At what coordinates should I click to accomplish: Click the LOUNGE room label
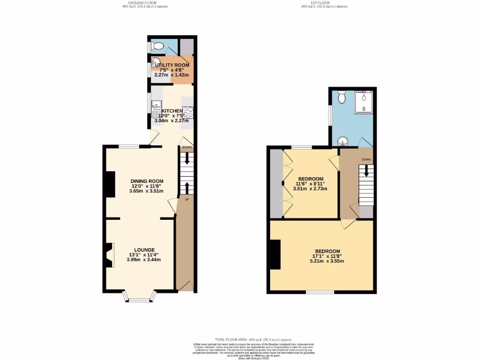[x=144, y=250]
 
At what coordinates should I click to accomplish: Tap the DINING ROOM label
[x=147, y=181]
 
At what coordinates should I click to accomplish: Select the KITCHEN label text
[x=172, y=111]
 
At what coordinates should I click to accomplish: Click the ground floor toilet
[x=158, y=46]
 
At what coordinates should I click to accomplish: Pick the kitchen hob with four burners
[x=189, y=112]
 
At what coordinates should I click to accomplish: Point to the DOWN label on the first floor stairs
[x=366, y=159]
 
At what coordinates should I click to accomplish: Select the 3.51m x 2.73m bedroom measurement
[x=310, y=189]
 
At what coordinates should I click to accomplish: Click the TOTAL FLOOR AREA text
[x=240, y=339]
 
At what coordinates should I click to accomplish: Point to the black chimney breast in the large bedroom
[x=275, y=255]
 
